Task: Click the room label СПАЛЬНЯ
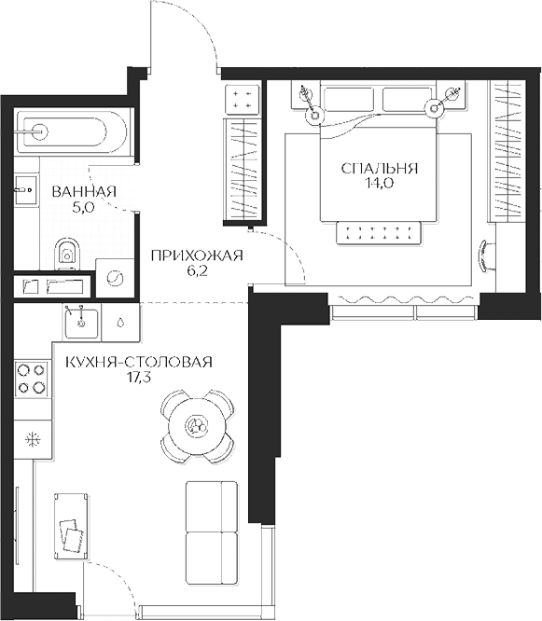[x=380, y=169]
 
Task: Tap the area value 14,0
[x=379, y=184]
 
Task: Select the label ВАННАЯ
[x=84, y=192]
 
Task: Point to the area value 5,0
[x=83, y=207]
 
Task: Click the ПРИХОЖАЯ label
[x=197, y=255]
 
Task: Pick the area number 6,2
[x=196, y=271]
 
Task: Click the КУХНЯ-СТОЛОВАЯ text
[x=139, y=362]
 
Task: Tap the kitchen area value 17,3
[x=138, y=377]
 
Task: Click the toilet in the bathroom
[x=66, y=255]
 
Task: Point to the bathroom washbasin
[x=26, y=190]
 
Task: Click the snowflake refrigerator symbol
[x=33, y=439]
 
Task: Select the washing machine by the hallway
[x=116, y=278]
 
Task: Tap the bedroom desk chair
[x=487, y=255]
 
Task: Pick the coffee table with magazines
[x=71, y=527]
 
